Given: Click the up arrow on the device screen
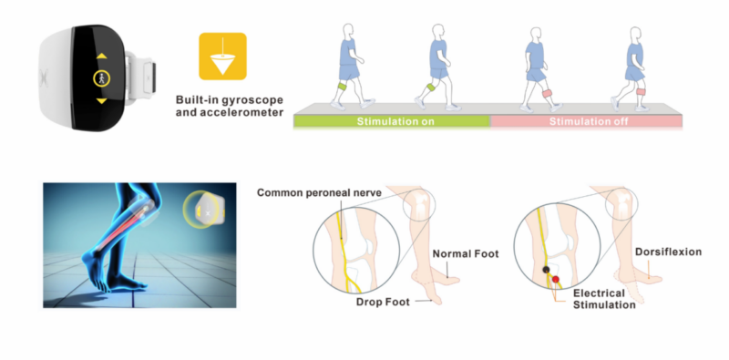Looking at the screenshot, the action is tap(101, 56).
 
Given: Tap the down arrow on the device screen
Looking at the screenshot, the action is tap(101, 101).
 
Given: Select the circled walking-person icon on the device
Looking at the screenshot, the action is tap(101, 78).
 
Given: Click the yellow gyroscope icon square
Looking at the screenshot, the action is tap(222, 56).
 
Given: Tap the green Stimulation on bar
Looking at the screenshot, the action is tap(392, 122).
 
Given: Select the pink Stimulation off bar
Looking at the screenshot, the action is tap(587, 122).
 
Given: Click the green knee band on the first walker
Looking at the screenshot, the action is tap(343, 87).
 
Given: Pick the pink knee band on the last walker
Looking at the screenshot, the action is tap(641, 91).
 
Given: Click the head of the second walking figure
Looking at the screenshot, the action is tap(438, 32).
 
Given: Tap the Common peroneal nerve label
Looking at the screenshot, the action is tap(320, 192).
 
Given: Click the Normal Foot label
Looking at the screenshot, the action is tap(466, 253).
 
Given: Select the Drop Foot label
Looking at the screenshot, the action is tap(383, 302).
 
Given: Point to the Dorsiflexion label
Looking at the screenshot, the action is tap(668, 252).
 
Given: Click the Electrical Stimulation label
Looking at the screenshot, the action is tap(604, 299).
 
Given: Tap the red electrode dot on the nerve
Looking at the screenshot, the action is tap(556, 279).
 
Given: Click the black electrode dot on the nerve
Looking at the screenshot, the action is tap(546, 270).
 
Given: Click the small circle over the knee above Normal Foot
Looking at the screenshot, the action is tap(404, 205).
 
